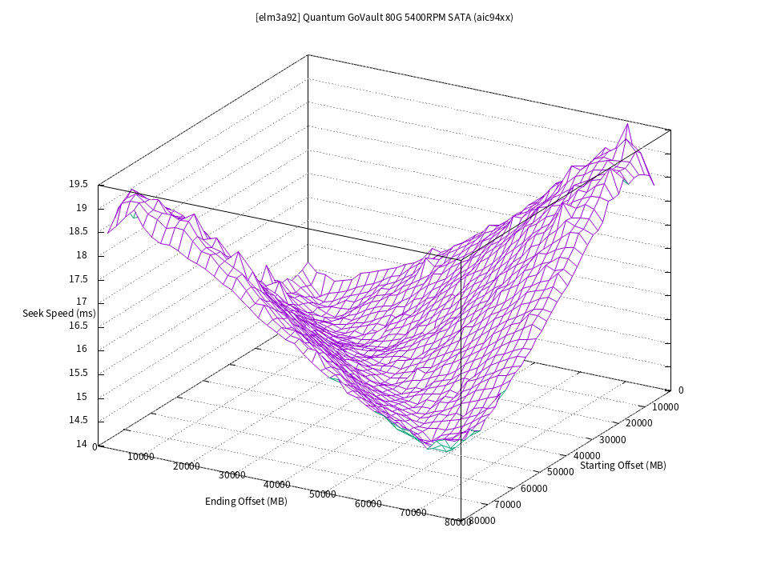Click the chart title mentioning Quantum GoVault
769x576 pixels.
click(x=384, y=16)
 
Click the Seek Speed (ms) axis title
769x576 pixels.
click(x=59, y=313)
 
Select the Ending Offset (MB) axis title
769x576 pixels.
click(x=246, y=502)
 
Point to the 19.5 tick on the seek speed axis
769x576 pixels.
click(x=78, y=185)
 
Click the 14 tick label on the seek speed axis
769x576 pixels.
click(x=83, y=444)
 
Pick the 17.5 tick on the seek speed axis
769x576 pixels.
click(x=78, y=279)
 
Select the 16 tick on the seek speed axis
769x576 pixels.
click(x=83, y=350)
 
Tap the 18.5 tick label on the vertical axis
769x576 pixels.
click(x=78, y=232)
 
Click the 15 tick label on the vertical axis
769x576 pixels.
click(x=83, y=397)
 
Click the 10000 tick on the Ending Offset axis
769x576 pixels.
click(x=141, y=458)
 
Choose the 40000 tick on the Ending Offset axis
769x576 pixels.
click(x=277, y=485)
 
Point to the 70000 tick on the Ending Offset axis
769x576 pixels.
click(x=413, y=513)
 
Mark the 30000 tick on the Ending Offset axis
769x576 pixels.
click(x=232, y=475)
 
